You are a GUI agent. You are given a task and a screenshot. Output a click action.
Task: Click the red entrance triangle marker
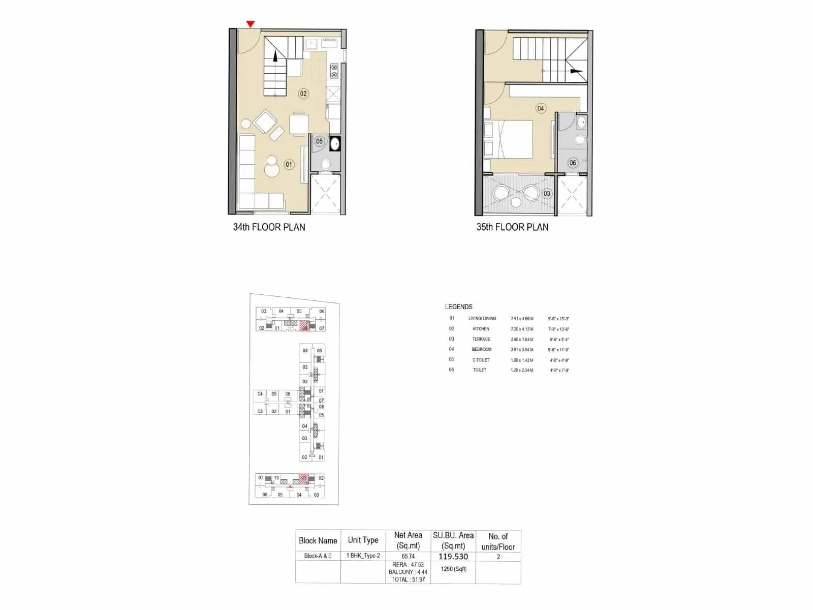[x=251, y=24]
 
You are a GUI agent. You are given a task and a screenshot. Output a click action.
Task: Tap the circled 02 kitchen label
[x=303, y=94]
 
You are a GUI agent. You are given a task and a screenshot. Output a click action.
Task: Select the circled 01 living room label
[x=289, y=164]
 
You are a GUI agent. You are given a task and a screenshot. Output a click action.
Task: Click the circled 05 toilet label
[x=319, y=141]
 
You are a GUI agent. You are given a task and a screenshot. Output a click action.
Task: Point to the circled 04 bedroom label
[x=541, y=108]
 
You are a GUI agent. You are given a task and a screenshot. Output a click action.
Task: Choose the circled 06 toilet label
[x=573, y=163]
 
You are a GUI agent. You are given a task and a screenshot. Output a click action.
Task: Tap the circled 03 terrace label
[x=547, y=194]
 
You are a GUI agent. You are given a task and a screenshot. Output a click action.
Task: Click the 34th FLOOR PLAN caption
[x=269, y=227]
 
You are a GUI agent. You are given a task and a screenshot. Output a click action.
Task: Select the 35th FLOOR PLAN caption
[x=512, y=227]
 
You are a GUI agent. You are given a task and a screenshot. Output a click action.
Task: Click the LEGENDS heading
[x=458, y=307]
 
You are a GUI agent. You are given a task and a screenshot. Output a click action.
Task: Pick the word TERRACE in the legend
[x=481, y=339]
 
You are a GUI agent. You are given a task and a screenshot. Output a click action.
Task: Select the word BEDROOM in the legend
[x=481, y=349]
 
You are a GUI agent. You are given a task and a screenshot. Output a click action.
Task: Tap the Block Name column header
[x=318, y=540]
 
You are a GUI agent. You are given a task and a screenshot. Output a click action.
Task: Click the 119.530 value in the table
[x=453, y=557]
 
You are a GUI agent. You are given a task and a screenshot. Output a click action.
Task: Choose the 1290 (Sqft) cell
[x=453, y=569]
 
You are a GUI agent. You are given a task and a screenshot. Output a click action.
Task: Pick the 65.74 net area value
[x=408, y=556]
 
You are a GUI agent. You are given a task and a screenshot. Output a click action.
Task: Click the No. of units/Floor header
[x=498, y=541]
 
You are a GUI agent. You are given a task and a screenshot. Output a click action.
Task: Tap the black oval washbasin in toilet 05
[x=335, y=143]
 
